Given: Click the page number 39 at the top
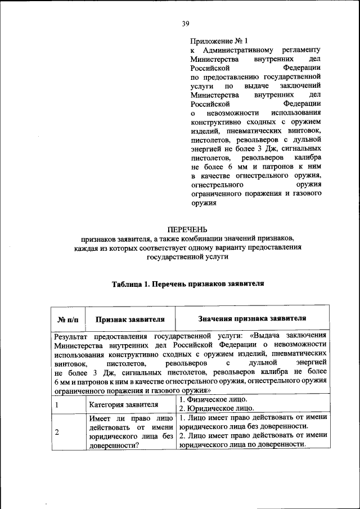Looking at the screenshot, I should pos(186,23).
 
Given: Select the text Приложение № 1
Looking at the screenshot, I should pos(219,41).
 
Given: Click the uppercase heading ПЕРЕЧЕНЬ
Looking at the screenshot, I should pos(187,229).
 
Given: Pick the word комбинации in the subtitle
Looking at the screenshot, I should pos(216,238).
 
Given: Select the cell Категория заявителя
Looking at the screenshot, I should pos(123,404).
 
